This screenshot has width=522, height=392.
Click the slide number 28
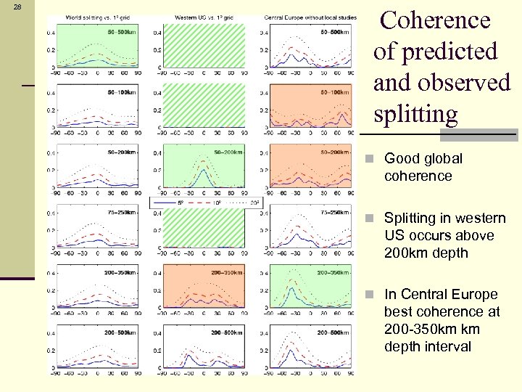coord(17,7)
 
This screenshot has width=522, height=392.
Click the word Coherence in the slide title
coord(435,20)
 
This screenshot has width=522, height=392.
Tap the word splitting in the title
coord(415,114)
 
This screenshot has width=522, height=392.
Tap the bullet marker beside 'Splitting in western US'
coord(370,219)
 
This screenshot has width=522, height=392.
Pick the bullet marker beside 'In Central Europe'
coord(370,295)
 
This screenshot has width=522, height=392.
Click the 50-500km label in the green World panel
coord(120,33)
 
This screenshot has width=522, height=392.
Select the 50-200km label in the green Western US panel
coord(228,152)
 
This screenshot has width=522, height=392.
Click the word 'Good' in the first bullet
coord(402,158)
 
